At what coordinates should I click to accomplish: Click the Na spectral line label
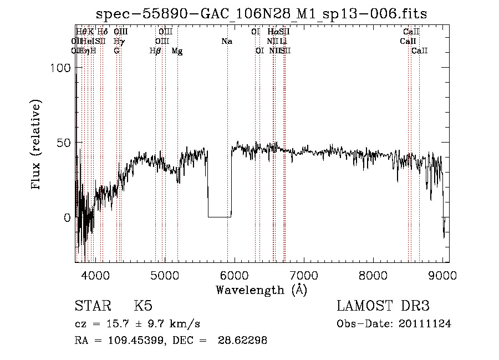(226, 41)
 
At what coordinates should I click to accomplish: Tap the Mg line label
(177, 50)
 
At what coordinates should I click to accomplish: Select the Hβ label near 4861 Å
(155, 50)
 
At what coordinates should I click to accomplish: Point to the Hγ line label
(118, 41)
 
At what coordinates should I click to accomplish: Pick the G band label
(116, 50)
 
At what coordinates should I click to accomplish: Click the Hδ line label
(102, 32)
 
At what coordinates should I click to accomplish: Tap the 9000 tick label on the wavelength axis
(442, 275)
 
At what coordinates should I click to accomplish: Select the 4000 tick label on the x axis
(95, 275)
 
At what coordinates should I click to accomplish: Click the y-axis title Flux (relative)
(37, 145)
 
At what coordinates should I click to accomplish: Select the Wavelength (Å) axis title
(261, 290)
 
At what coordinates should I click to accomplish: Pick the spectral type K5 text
(143, 306)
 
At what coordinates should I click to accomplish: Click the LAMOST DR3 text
(383, 306)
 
